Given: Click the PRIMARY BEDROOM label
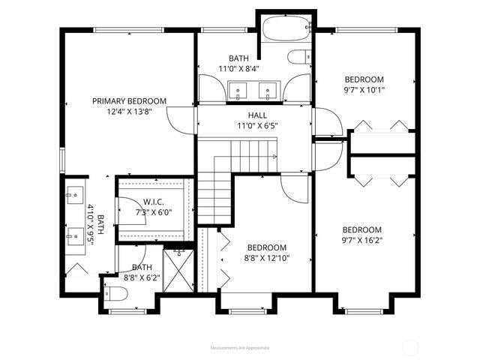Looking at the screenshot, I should tap(129, 100).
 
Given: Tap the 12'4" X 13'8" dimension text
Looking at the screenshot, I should tap(129, 112).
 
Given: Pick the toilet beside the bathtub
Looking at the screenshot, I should tap(301, 56).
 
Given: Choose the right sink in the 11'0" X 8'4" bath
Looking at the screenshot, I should tap(267, 91).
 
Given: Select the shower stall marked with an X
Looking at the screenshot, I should tap(178, 272).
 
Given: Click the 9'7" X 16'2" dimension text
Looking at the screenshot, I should tap(362, 241).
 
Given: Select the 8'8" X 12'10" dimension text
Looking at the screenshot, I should tap(267, 259).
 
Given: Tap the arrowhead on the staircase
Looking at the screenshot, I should tap(276, 157).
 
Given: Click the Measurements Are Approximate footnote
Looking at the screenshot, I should tap(239, 348).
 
